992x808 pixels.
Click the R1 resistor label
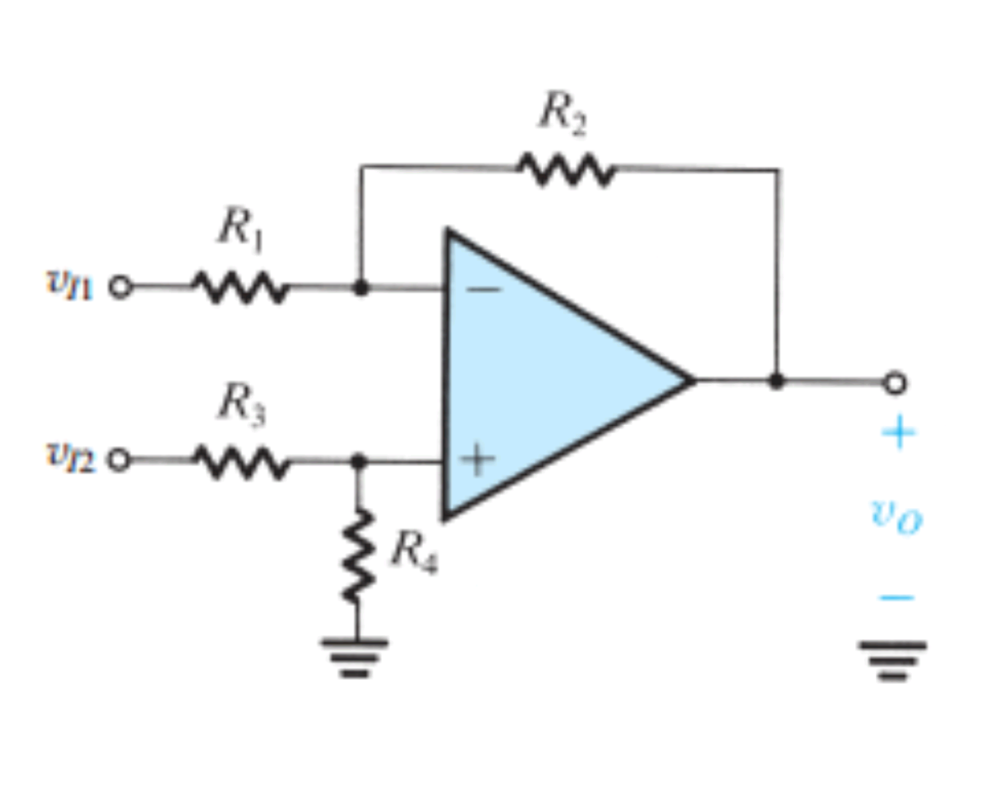click(x=241, y=227)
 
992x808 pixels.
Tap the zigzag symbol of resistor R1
click(x=240, y=287)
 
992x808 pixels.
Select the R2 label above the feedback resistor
click(x=563, y=114)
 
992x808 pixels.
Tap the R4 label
click(x=414, y=551)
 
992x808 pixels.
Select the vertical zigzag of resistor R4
click(x=358, y=555)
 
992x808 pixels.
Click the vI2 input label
click(x=70, y=456)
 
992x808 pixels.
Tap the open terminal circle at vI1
click(x=121, y=287)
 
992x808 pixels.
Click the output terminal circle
click(x=895, y=383)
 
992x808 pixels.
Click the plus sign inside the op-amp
click(x=478, y=459)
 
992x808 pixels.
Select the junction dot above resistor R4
click(x=359, y=461)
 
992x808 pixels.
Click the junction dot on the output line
click(x=776, y=382)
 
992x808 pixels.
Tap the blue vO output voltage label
click(x=896, y=515)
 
